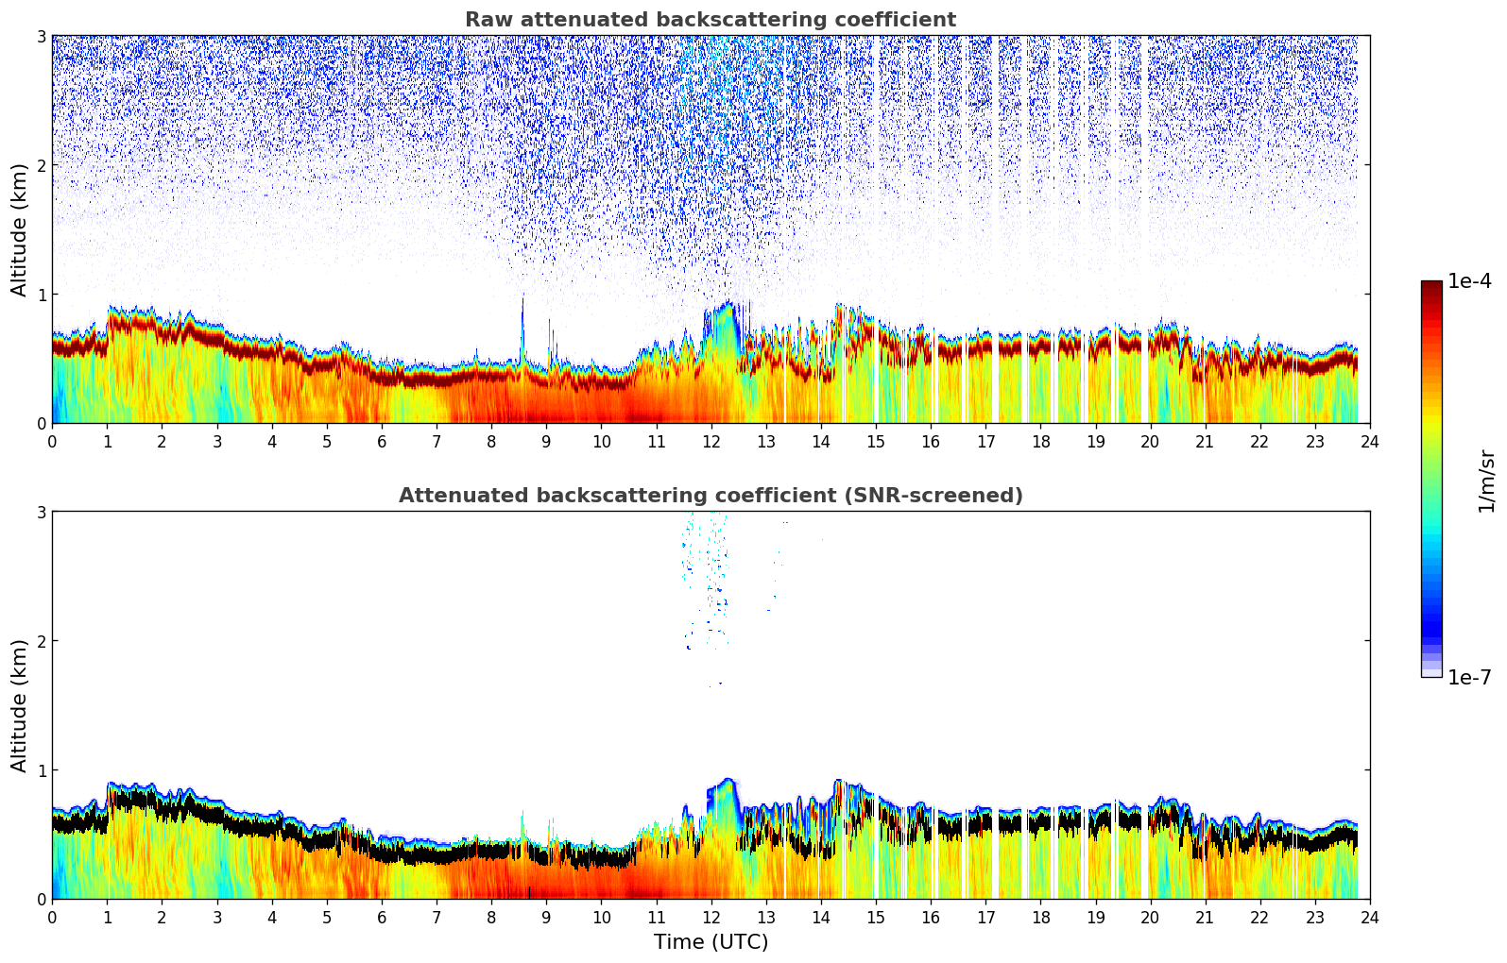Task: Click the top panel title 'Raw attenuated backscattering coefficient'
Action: tap(711, 20)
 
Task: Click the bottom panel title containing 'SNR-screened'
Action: tap(711, 496)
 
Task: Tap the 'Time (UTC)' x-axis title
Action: tap(711, 942)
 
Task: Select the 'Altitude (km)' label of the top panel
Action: tap(20, 229)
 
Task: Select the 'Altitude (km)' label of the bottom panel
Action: tap(20, 705)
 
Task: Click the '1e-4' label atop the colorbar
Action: tap(1469, 281)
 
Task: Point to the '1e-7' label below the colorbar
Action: tap(1469, 677)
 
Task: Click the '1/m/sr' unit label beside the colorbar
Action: tap(1486, 481)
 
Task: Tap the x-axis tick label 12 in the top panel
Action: tap(711, 441)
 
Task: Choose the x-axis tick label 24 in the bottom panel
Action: tap(1370, 917)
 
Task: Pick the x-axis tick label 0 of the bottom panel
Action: tap(52, 917)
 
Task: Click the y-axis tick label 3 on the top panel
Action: tap(41, 36)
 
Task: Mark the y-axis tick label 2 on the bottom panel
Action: tap(41, 641)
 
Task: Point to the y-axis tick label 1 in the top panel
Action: tap(41, 295)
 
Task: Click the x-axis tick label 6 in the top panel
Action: tap(382, 441)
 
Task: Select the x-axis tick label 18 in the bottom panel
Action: tap(1040, 917)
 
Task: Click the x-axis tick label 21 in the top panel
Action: tap(1205, 441)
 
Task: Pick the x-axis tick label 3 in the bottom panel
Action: tap(216, 917)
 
